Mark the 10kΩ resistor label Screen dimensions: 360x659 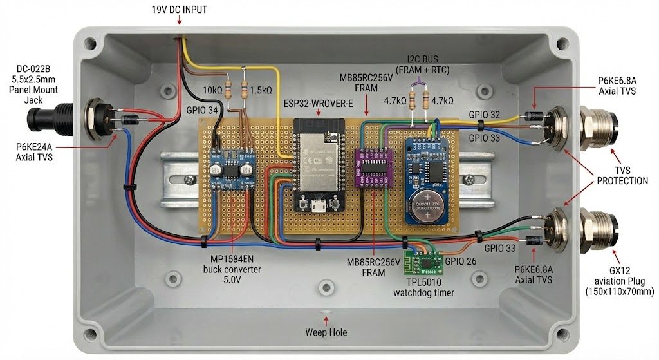point(214,90)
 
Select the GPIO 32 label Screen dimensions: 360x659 point(485,113)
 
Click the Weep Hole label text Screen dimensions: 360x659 point(326,332)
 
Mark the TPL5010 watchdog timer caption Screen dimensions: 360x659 point(423,287)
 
